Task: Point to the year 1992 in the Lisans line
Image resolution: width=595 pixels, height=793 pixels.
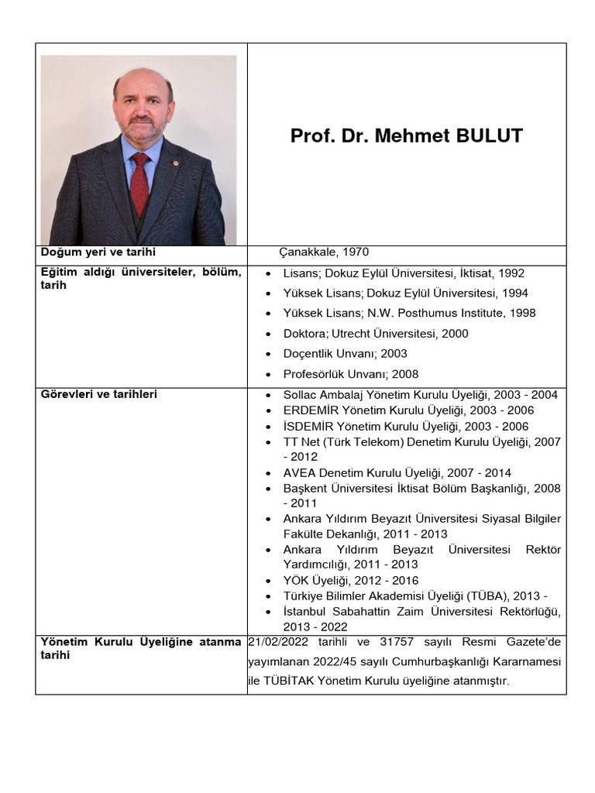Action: pos(511,273)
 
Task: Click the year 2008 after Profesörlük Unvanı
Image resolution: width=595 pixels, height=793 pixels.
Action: pos(405,374)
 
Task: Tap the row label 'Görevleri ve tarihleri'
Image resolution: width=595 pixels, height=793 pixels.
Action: pos(98,394)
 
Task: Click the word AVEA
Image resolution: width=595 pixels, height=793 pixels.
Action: pos(299,473)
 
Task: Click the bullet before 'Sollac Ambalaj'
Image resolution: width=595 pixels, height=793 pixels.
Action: pos(267,395)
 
